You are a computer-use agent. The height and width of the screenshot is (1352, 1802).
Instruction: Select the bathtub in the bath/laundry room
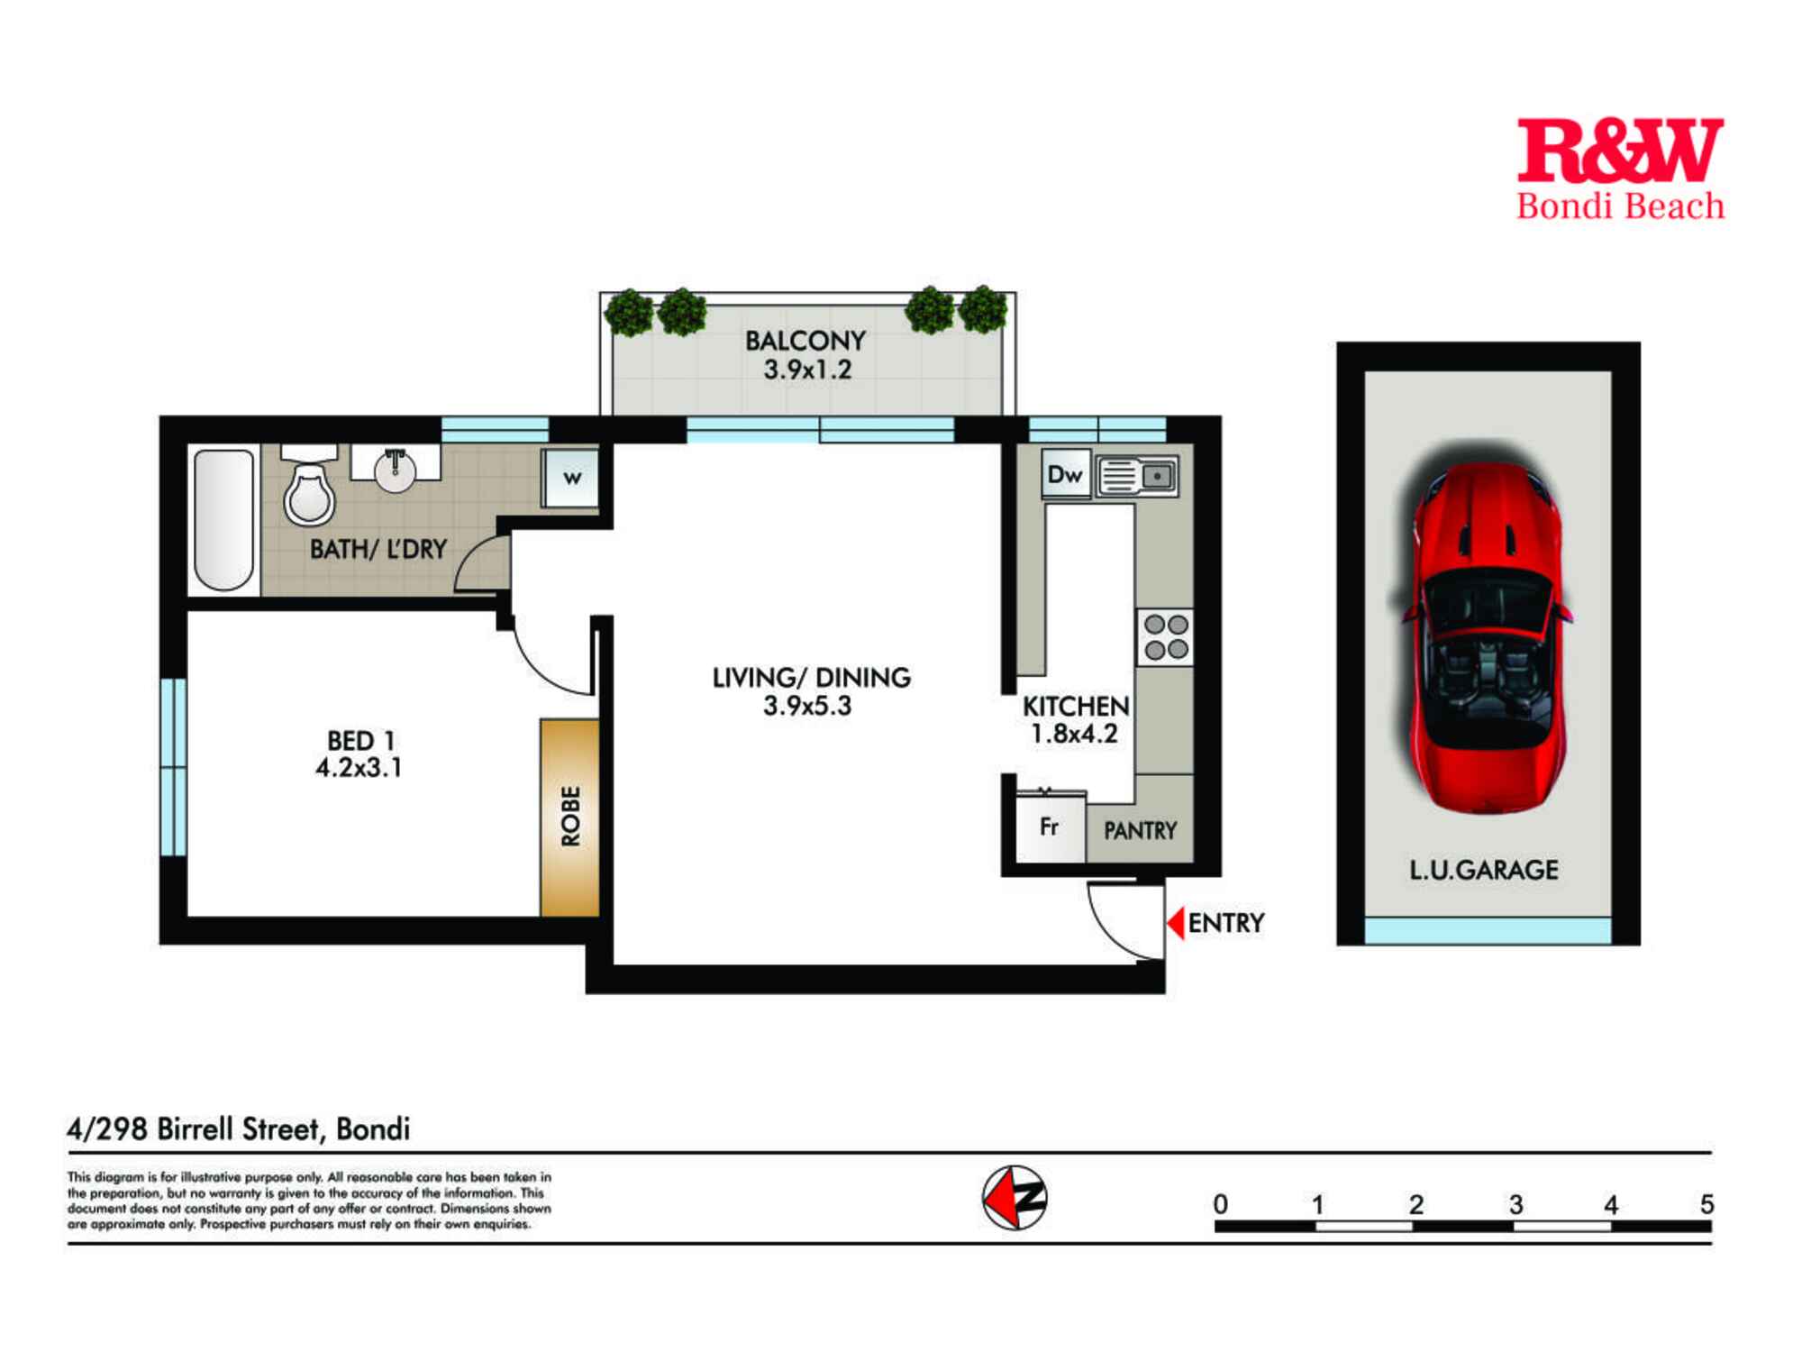pos(223,521)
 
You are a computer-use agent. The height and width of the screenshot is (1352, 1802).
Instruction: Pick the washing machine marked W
pos(571,478)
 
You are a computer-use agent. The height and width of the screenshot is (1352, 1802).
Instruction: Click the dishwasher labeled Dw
pos(1065,474)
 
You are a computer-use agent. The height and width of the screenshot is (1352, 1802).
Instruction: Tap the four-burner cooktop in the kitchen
pos(1165,637)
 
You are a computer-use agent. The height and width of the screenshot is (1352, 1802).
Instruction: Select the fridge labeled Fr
pos(1050,827)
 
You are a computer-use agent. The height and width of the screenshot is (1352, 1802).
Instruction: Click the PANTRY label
pos(1140,830)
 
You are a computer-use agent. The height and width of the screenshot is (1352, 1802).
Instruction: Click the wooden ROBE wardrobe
pos(569,817)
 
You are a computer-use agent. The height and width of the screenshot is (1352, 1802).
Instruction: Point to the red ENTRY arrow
pos(1176,923)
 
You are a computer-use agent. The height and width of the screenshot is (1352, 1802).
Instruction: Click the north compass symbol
pos(1015,1198)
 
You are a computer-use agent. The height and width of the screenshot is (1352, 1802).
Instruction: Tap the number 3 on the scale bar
pos(1515,1204)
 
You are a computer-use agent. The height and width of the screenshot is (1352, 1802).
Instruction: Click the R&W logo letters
pos(1619,151)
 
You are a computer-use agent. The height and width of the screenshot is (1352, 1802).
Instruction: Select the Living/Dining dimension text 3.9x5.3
pos(807,706)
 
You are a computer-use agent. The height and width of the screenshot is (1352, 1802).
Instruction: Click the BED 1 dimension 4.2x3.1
pos(359,768)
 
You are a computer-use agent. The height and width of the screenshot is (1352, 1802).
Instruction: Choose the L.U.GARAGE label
pos(1483,870)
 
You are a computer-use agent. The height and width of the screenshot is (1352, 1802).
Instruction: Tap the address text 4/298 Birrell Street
pos(239,1128)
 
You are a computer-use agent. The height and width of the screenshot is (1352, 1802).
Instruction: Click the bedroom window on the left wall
pos(174,766)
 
